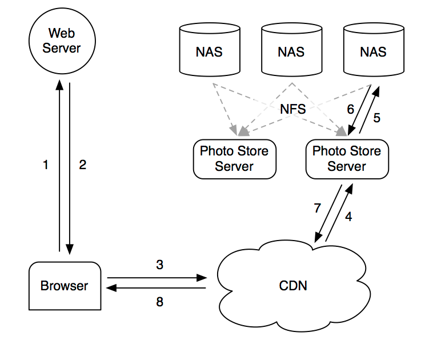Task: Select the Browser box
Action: (x=64, y=285)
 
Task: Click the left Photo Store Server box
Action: (x=234, y=158)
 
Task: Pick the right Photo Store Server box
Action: (x=347, y=158)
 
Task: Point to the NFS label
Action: (x=293, y=109)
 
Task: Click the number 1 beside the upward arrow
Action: (x=46, y=165)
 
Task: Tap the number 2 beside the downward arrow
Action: (x=82, y=165)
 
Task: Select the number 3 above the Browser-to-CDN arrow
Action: (x=159, y=265)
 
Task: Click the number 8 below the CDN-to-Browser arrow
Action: (x=159, y=301)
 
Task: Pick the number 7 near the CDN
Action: (x=317, y=209)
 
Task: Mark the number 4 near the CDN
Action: (x=348, y=217)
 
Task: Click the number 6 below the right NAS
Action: (x=351, y=109)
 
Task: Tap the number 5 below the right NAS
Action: (x=376, y=118)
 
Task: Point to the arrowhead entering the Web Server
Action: (x=59, y=85)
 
